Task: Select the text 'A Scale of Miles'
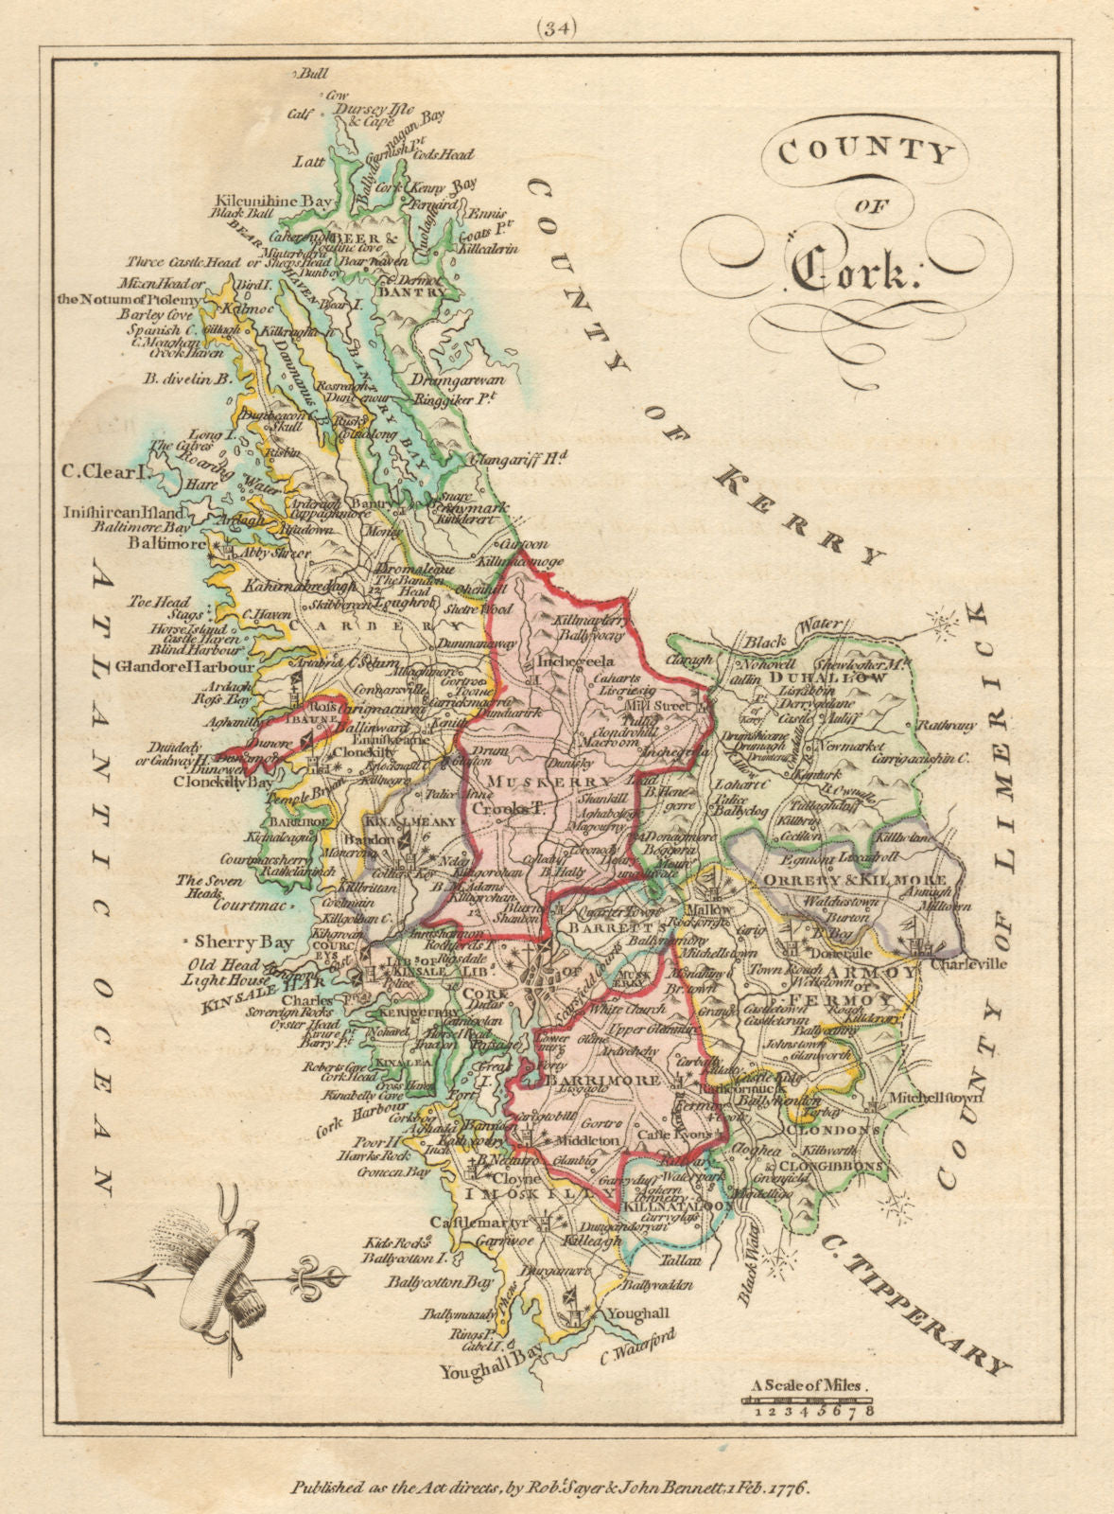tap(808, 1385)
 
